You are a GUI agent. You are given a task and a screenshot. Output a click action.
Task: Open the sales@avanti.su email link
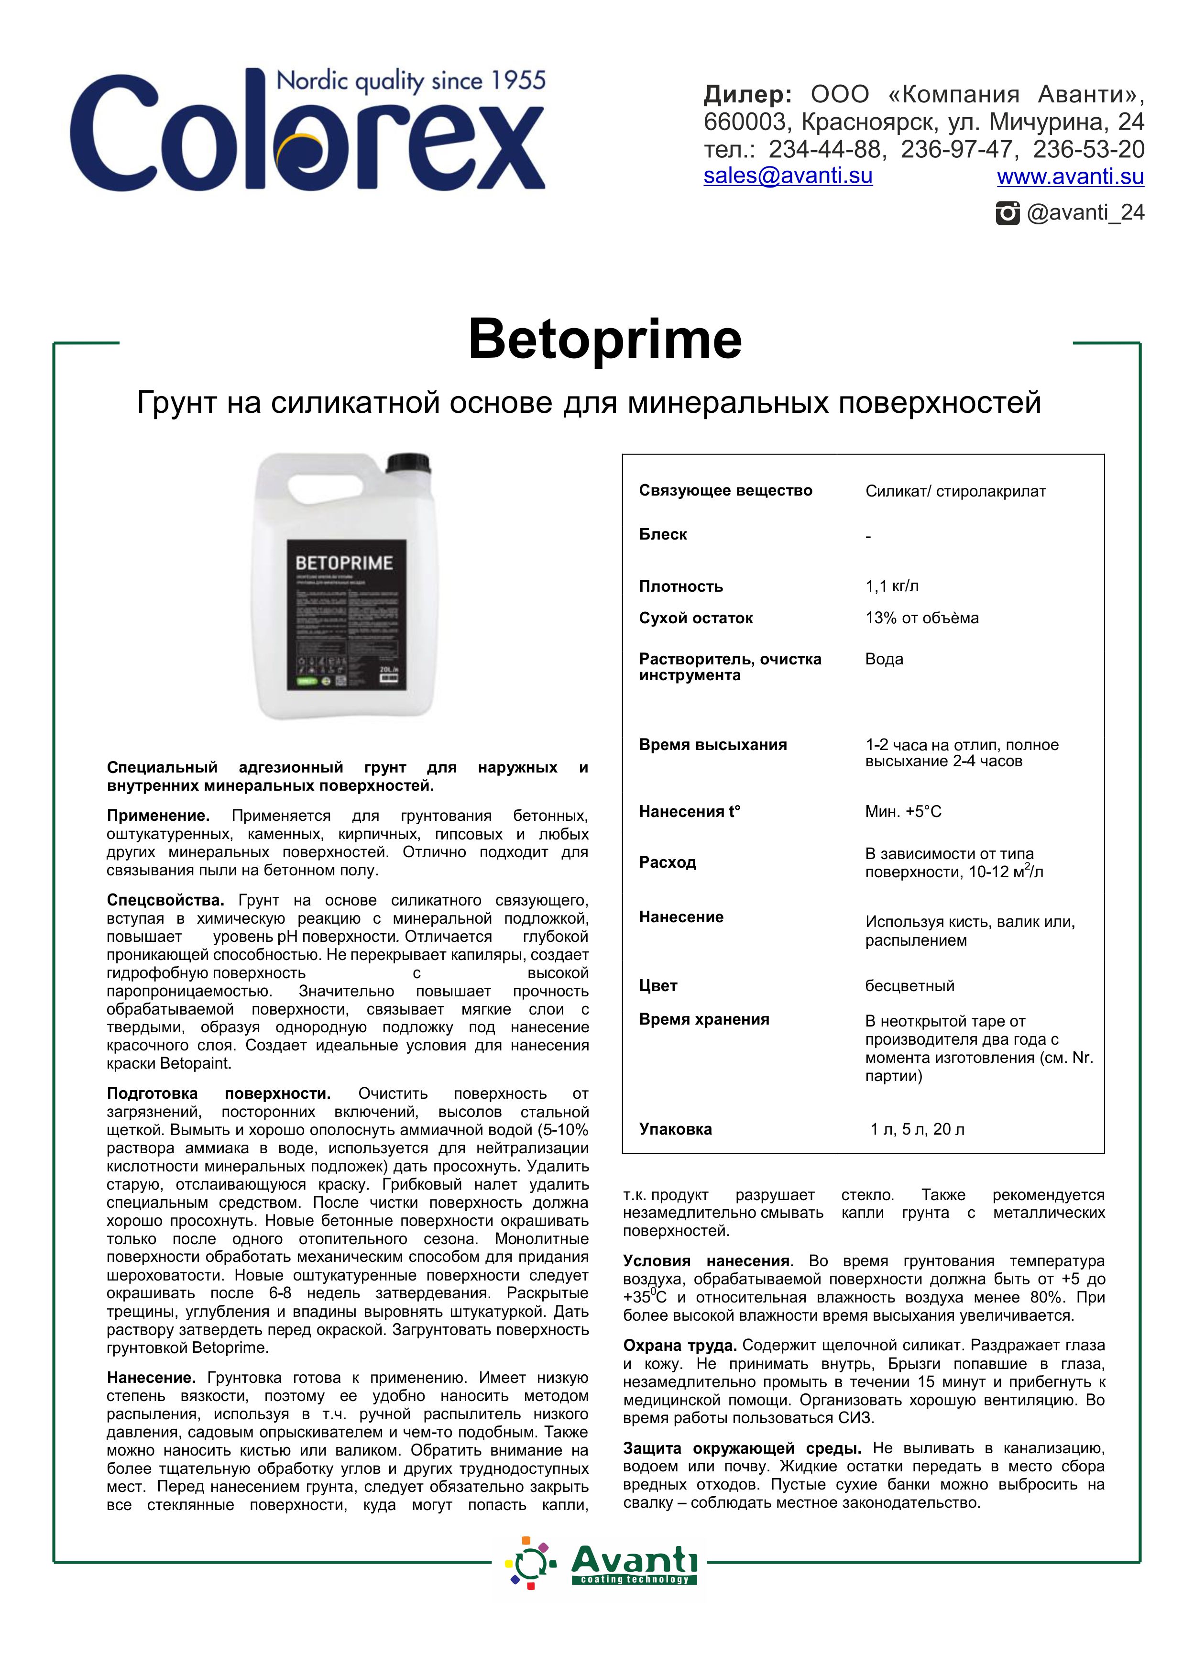coord(788,176)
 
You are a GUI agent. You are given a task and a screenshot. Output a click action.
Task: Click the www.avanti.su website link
coord(1070,177)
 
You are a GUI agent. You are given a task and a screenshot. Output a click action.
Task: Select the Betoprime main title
coord(604,339)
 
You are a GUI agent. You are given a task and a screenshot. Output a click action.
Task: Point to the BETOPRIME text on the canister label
coord(344,563)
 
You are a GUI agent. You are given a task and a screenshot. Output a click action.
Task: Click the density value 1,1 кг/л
coord(892,586)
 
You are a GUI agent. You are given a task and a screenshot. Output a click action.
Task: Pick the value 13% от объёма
coord(921,618)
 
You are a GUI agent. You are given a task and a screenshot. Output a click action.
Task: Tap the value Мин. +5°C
coord(903,812)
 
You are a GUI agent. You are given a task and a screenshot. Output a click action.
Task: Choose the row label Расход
coord(667,862)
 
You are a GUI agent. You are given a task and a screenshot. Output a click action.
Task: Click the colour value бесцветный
coord(909,986)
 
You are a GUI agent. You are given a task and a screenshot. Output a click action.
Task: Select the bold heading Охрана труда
coord(679,1346)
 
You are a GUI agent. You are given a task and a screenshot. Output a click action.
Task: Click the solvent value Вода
coord(884,659)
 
